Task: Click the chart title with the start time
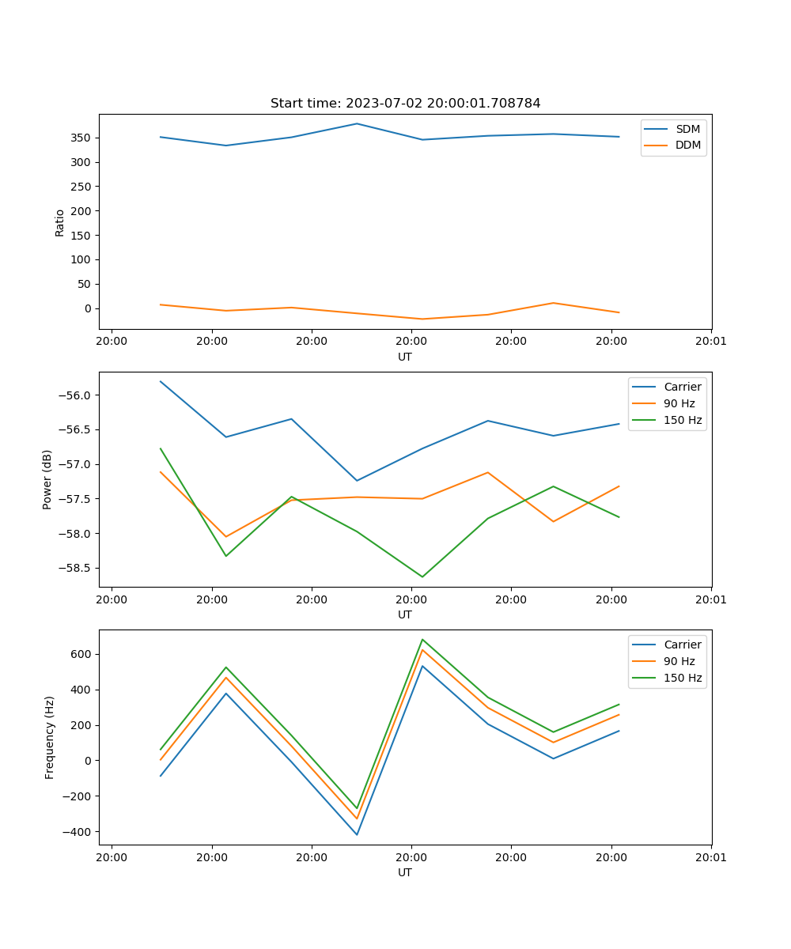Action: (x=405, y=104)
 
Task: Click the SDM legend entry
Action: (x=687, y=128)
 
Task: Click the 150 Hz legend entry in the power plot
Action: (x=683, y=420)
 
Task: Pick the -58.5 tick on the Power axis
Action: (x=76, y=568)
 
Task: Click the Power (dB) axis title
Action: (x=47, y=479)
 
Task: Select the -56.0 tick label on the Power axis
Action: (x=76, y=395)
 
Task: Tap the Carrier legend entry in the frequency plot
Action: (x=683, y=645)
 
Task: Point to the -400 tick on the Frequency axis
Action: (x=79, y=832)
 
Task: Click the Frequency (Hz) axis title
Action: (x=49, y=737)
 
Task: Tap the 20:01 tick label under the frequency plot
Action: (x=710, y=857)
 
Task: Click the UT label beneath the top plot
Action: (x=405, y=357)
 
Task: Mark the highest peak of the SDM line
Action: (x=357, y=123)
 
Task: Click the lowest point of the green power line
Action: (x=422, y=577)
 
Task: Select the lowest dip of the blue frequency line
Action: (x=357, y=834)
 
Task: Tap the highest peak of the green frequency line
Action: (x=422, y=639)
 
